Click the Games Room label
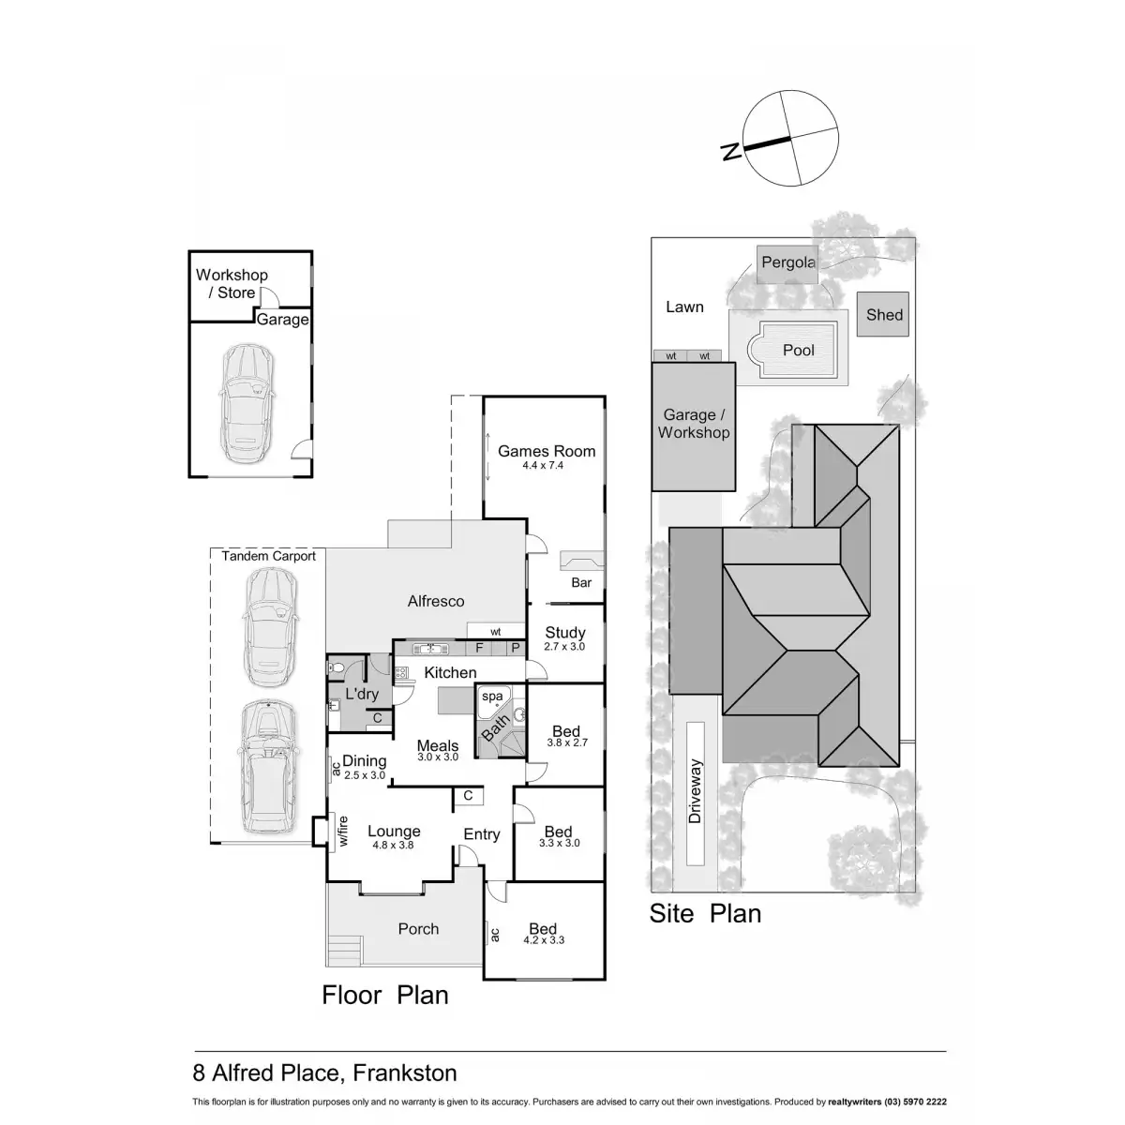546,451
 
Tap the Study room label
564,633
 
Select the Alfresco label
436,601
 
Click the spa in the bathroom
492,697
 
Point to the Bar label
581,582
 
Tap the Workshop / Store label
232,283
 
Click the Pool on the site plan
798,350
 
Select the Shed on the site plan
884,314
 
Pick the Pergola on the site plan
787,262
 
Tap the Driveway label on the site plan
695,791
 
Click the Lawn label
684,307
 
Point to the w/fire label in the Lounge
343,832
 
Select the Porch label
418,928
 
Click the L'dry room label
362,695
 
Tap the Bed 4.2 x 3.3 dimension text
543,939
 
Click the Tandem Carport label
268,556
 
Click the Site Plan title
705,913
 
